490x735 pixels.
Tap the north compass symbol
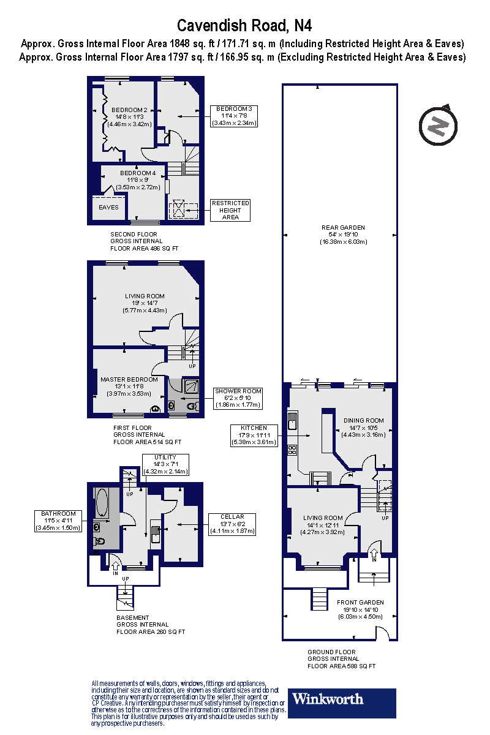pos(438,125)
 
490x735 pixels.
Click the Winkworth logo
pos(342,698)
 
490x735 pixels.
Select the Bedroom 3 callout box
pos(234,116)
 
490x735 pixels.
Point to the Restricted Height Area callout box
pos(230,210)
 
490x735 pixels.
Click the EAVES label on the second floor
pos(108,208)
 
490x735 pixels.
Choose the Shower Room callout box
pos(238,398)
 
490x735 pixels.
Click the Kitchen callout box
pos(254,434)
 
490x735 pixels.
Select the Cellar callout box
pos(232,524)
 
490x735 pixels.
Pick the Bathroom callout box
pos(58,521)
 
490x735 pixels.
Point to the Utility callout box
pos(165,465)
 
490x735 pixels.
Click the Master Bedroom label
pos(129,383)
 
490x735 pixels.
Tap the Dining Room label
pos(363,424)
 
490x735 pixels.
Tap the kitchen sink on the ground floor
pos(293,421)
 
